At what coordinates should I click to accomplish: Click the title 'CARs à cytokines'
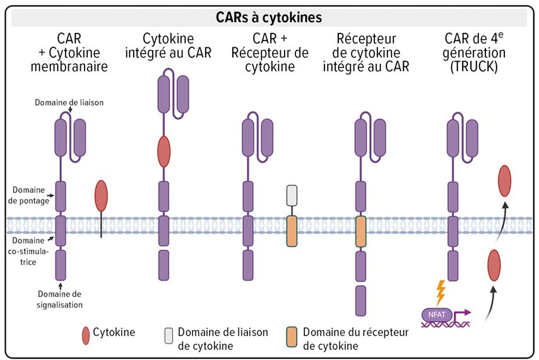(x=269, y=17)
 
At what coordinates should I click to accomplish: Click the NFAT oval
(x=437, y=315)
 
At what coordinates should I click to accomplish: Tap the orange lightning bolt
(x=441, y=293)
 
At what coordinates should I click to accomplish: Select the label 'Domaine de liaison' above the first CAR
(x=69, y=102)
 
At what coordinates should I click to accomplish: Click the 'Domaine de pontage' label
(x=28, y=195)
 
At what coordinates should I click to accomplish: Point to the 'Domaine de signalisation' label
(x=59, y=299)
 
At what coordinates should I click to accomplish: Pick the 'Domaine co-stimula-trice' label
(x=28, y=251)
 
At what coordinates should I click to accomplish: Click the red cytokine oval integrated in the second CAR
(x=163, y=151)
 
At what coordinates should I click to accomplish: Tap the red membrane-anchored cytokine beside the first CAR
(x=101, y=196)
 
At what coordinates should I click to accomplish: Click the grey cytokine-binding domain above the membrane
(x=292, y=195)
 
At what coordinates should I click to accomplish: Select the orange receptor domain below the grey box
(x=292, y=231)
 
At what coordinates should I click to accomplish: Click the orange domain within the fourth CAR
(x=360, y=231)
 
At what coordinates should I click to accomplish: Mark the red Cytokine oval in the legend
(x=86, y=335)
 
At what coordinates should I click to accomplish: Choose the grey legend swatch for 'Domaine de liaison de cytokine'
(x=169, y=336)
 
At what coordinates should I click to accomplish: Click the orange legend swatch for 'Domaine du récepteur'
(x=292, y=337)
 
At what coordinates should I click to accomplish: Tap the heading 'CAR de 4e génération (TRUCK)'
(x=474, y=52)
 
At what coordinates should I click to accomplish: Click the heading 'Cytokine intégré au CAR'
(x=168, y=45)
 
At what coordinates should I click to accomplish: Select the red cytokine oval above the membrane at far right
(x=505, y=181)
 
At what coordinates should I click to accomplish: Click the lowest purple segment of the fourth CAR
(x=360, y=301)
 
